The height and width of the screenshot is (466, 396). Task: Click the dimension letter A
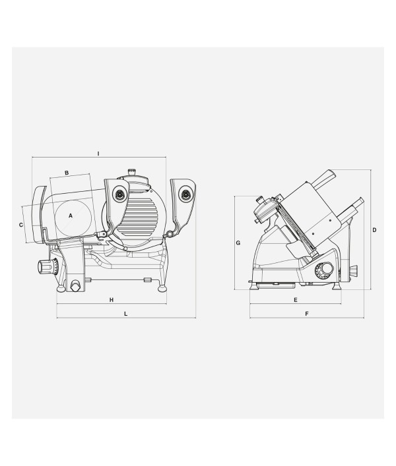click(x=71, y=216)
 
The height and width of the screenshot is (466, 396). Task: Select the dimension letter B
click(x=67, y=173)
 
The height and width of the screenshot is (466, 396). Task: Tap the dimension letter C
click(x=21, y=225)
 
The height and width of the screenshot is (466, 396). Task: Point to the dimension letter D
click(x=374, y=230)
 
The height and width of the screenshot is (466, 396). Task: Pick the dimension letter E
click(x=296, y=300)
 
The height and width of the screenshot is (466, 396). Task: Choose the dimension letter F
click(x=307, y=314)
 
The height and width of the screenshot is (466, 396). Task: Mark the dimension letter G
click(x=238, y=243)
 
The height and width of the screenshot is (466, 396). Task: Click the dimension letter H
click(x=112, y=300)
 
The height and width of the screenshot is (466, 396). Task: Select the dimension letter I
click(x=98, y=154)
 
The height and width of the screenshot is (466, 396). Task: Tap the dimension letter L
click(x=126, y=314)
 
